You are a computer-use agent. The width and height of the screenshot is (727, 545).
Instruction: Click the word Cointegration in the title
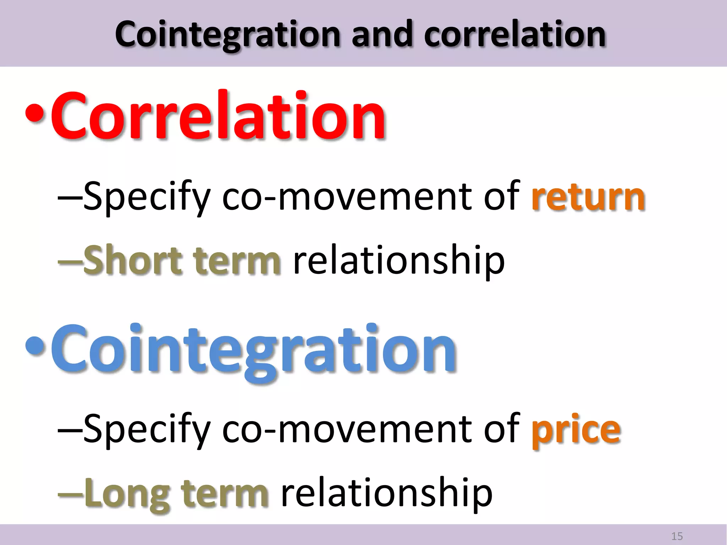pos(227,34)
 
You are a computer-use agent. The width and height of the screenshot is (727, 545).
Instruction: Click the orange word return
pos(588,197)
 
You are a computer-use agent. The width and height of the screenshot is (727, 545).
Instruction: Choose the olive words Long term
pos(176,493)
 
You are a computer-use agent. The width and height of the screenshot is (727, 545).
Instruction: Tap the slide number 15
pos(677,536)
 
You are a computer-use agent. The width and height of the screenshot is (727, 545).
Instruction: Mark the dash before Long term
pos(70,495)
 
